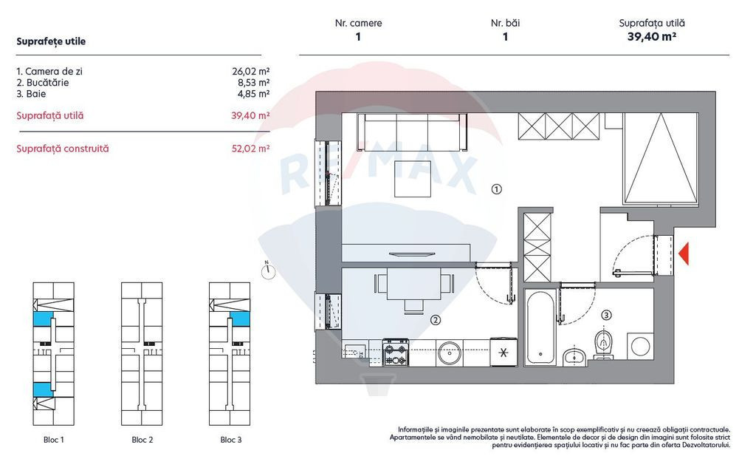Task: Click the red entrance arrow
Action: click(684, 253)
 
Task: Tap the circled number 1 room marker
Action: click(497, 189)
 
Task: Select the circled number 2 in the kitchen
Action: click(436, 320)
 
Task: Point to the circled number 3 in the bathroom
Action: click(607, 315)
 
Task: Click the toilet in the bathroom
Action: click(603, 345)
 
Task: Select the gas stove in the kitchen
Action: click(396, 352)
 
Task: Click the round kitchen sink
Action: click(450, 353)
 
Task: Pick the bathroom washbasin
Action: click(574, 356)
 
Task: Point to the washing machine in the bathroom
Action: click(640, 346)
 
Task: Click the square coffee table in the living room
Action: click(413, 179)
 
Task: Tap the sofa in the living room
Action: click(412, 132)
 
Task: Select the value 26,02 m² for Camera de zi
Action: click(251, 72)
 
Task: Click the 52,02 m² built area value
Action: click(251, 149)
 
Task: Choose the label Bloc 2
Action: click(142, 440)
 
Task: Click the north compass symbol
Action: click(268, 270)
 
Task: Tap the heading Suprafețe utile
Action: click(51, 41)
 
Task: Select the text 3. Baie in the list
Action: click(31, 94)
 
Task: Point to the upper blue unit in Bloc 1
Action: click(42, 319)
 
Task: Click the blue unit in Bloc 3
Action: click(240, 319)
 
